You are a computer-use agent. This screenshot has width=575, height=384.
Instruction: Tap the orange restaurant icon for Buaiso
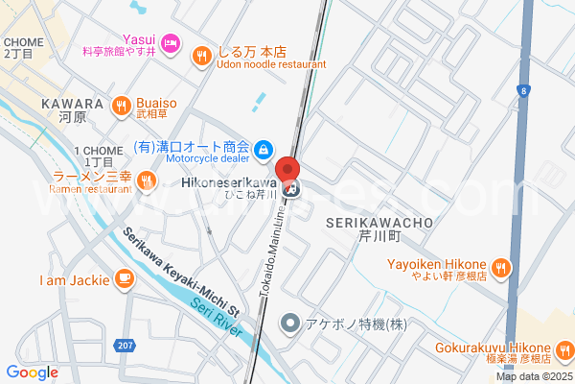point(122,106)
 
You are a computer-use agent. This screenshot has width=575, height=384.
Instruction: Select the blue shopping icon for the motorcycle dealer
point(264,149)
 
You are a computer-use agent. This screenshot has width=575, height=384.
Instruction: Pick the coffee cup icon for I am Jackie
point(123,279)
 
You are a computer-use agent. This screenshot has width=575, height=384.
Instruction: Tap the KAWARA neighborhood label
point(73,104)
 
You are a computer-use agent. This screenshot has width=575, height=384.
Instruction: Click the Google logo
point(32,372)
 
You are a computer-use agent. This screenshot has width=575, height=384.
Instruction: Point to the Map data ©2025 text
point(533,376)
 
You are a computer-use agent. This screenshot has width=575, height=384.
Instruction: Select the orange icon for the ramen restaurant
point(146,180)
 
